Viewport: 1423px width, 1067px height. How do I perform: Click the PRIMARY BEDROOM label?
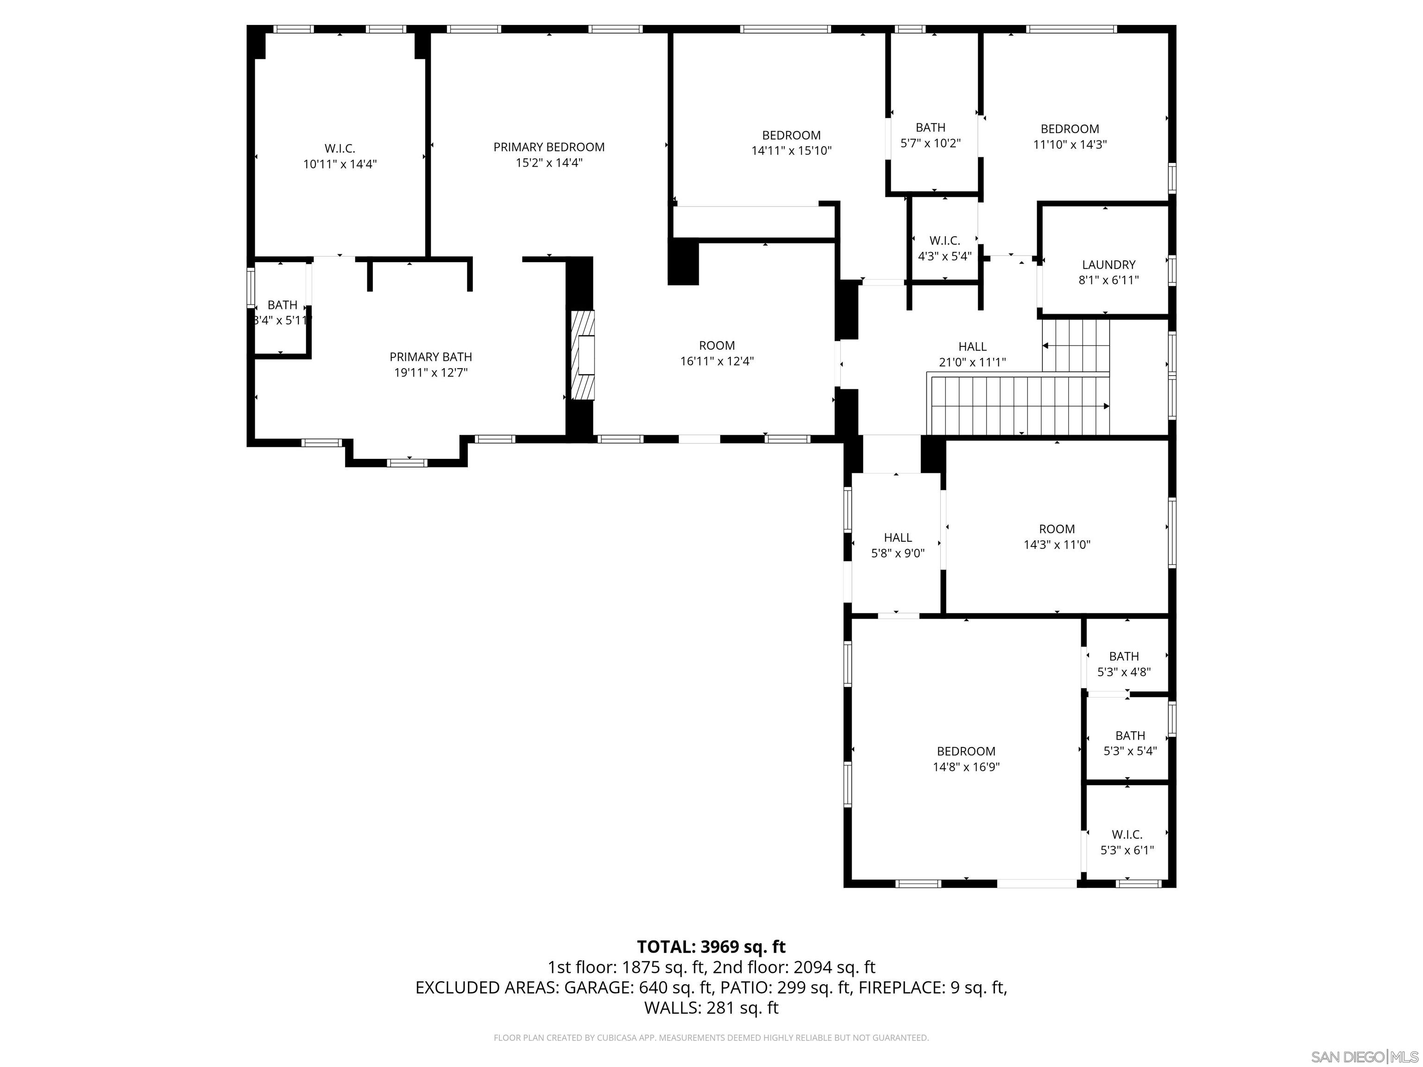[549, 147]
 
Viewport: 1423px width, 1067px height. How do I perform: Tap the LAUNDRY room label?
[1108, 264]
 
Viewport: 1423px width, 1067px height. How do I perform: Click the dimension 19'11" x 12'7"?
[430, 372]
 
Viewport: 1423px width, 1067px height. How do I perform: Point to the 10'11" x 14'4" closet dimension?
[340, 164]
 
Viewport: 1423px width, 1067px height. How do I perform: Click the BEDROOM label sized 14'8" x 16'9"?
[966, 751]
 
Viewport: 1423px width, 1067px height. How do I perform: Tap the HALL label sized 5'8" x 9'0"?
[897, 537]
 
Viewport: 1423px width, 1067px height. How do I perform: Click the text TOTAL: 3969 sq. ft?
[711, 947]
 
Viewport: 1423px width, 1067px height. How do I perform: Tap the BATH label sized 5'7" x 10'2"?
[930, 127]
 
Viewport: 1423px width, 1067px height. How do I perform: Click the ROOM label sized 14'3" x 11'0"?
[1056, 529]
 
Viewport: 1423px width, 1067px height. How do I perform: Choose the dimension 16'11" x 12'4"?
[717, 361]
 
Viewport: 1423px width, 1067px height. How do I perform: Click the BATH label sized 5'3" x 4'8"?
[1124, 656]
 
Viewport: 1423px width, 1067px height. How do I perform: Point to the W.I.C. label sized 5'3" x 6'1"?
[1127, 834]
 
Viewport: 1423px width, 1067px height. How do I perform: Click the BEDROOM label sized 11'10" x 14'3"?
[1070, 129]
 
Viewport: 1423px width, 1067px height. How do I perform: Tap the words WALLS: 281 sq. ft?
[711, 1008]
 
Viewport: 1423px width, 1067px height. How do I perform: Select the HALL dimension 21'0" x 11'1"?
[972, 363]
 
